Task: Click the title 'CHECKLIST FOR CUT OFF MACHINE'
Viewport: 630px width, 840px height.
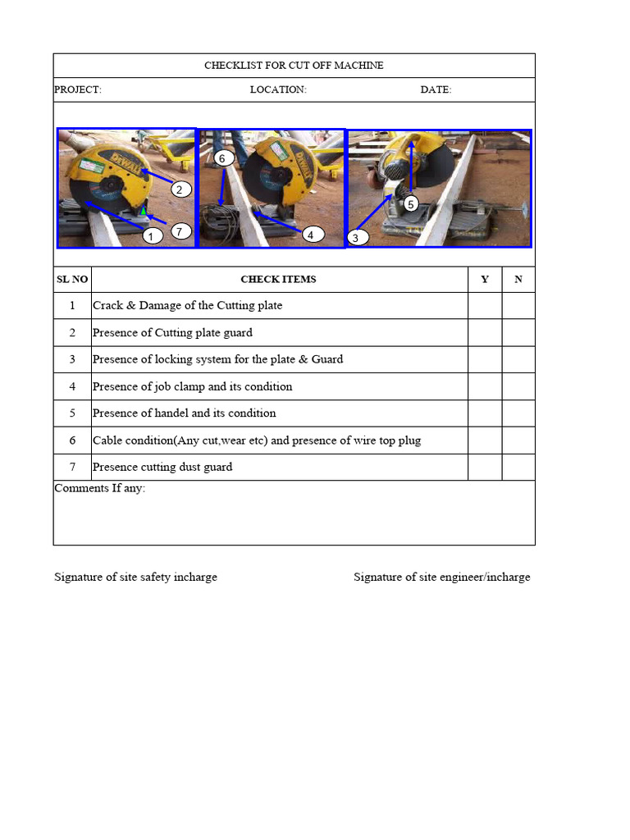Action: click(x=294, y=66)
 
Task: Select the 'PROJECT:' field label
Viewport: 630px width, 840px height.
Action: click(x=78, y=90)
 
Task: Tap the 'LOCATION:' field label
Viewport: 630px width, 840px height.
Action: click(x=278, y=90)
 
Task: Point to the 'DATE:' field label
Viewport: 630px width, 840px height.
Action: click(x=436, y=90)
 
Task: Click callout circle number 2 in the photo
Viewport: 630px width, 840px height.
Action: click(x=181, y=189)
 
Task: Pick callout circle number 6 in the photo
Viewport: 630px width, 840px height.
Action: click(x=221, y=157)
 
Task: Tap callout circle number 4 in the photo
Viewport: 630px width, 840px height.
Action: click(x=310, y=235)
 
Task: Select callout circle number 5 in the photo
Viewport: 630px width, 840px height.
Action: click(x=410, y=203)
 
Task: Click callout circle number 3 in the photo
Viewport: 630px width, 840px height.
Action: click(x=355, y=238)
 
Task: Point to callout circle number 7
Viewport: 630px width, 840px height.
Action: click(x=180, y=231)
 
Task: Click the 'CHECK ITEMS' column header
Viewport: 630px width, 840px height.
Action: click(x=278, y=280)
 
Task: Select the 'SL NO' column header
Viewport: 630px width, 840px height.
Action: click(x=72, y=280)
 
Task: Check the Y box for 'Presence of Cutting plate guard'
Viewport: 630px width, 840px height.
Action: click(x=484, y=333)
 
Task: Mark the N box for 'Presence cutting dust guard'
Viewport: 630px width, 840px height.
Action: click(x=518, y=467)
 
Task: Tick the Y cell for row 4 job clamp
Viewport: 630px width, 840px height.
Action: click(x=484, y=386)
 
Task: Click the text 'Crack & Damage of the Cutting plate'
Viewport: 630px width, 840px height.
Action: click(x=187, y=306)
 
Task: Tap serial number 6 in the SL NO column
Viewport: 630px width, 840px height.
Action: click(x=72, y=441)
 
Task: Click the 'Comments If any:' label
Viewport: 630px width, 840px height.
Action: click(x=99, y=489)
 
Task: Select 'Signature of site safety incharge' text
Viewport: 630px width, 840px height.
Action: click(x=135, y=577)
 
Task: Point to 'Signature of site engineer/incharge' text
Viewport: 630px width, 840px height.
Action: click(x=441, y=577)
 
